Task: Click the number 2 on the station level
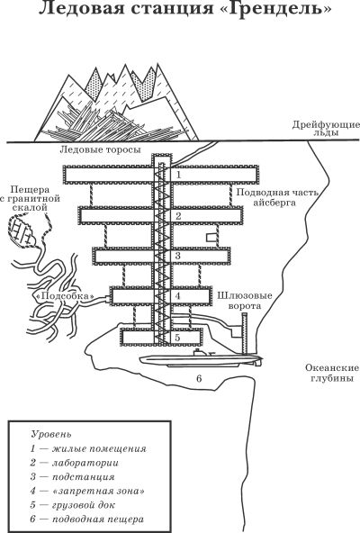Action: click(178, 216)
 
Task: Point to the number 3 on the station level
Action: click(178, 257)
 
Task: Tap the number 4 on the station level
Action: click(178, 295)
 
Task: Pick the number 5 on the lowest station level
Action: click(178, 338)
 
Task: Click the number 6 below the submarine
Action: click(199, 379)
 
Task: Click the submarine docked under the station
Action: click(202, 360)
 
